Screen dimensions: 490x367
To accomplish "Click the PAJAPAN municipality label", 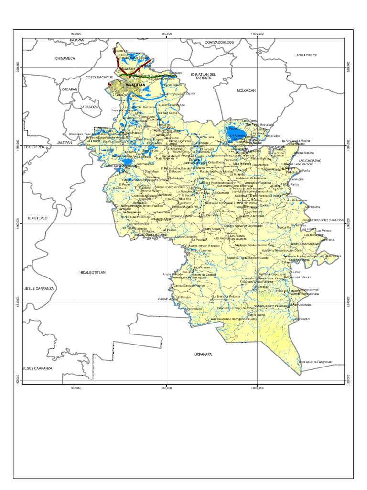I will (x=76, y=40).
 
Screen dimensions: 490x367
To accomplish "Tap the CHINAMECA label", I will (x=65, y=58).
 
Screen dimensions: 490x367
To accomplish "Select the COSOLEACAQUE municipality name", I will (x=99, y=77).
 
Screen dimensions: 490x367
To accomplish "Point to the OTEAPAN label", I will (x=69, y=89).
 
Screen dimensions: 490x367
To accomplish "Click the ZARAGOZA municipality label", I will (x=89, y=107).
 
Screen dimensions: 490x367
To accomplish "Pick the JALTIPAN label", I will (x=64, y=142).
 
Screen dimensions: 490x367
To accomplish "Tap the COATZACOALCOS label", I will (x=219, y=42).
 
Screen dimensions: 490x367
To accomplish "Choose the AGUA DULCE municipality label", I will (x=306, y=55).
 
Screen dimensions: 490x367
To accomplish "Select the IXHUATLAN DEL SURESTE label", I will (x=204, y=76).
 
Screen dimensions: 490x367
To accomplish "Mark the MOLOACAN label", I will (x=247, y=90).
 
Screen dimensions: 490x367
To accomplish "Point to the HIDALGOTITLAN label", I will (x=92, y=272).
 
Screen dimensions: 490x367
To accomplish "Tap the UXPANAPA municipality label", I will (x=203, y=354).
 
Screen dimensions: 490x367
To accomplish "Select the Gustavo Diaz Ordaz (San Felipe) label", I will (x=323, y=220).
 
